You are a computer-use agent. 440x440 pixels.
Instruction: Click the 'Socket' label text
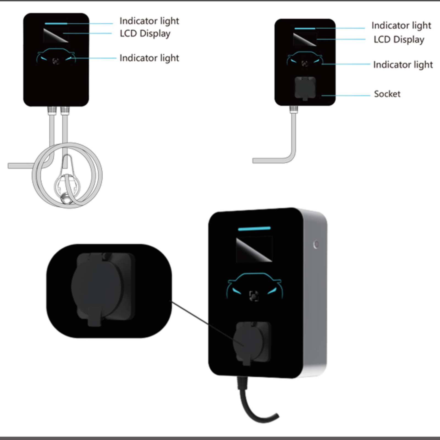[x=387, y=94]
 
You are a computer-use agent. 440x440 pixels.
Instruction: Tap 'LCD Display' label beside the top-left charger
[x=145, y=34]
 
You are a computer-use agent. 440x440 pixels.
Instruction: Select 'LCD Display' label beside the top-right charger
[x=399, y=40]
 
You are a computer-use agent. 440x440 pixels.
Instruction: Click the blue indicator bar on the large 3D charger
[x=254, y=229]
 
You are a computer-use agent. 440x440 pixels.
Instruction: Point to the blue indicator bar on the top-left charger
[x=56, y=24]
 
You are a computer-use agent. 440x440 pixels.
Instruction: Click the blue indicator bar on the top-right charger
[x=305, y=28]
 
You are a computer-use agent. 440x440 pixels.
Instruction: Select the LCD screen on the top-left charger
[x=56, y=35]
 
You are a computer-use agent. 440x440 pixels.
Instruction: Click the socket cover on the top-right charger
[x=305, y=88]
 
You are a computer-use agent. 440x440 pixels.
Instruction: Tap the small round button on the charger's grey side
[x=316, y=244]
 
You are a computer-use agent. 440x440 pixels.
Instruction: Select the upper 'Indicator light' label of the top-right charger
[x=401, y=26]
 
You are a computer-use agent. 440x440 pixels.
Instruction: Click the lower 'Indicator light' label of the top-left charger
[x=149, y=58]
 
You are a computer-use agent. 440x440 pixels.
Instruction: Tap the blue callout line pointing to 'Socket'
[x=346, y=95]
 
